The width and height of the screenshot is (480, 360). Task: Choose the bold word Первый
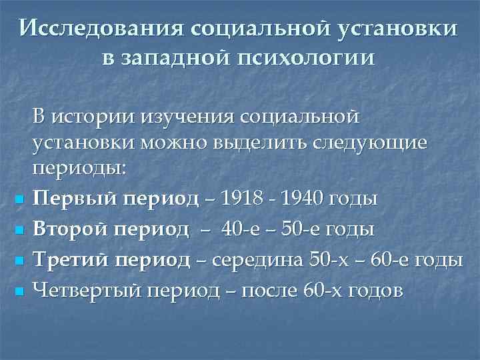[65, 198]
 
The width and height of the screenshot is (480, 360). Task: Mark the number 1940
[306, 198]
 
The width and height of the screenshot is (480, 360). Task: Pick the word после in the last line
[267, 290]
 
